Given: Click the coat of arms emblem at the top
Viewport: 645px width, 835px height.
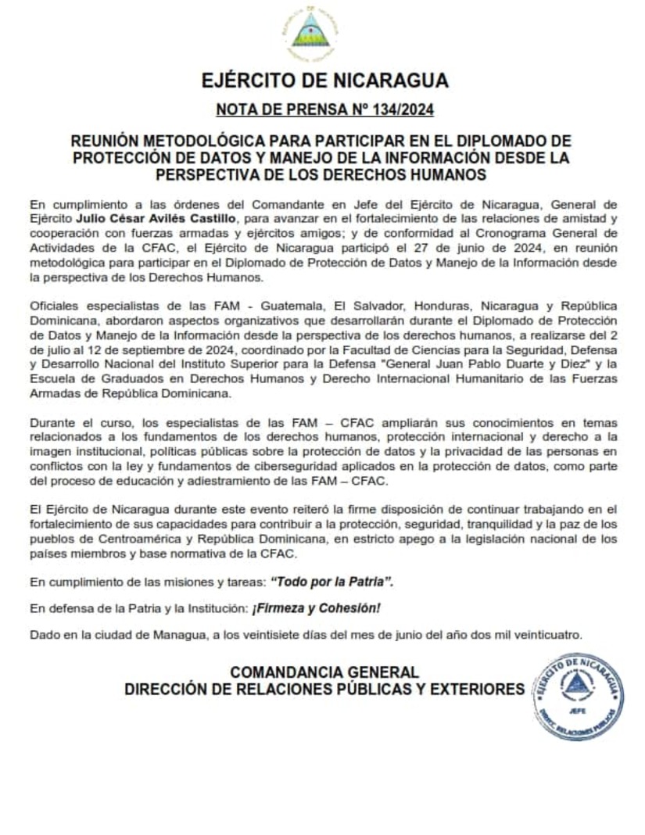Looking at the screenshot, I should click(x=310, y=35).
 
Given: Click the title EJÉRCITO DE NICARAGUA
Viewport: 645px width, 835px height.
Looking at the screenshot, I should click(x=324, y=81).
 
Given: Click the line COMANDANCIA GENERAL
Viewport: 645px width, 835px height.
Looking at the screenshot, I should click(x=324, y=672).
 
